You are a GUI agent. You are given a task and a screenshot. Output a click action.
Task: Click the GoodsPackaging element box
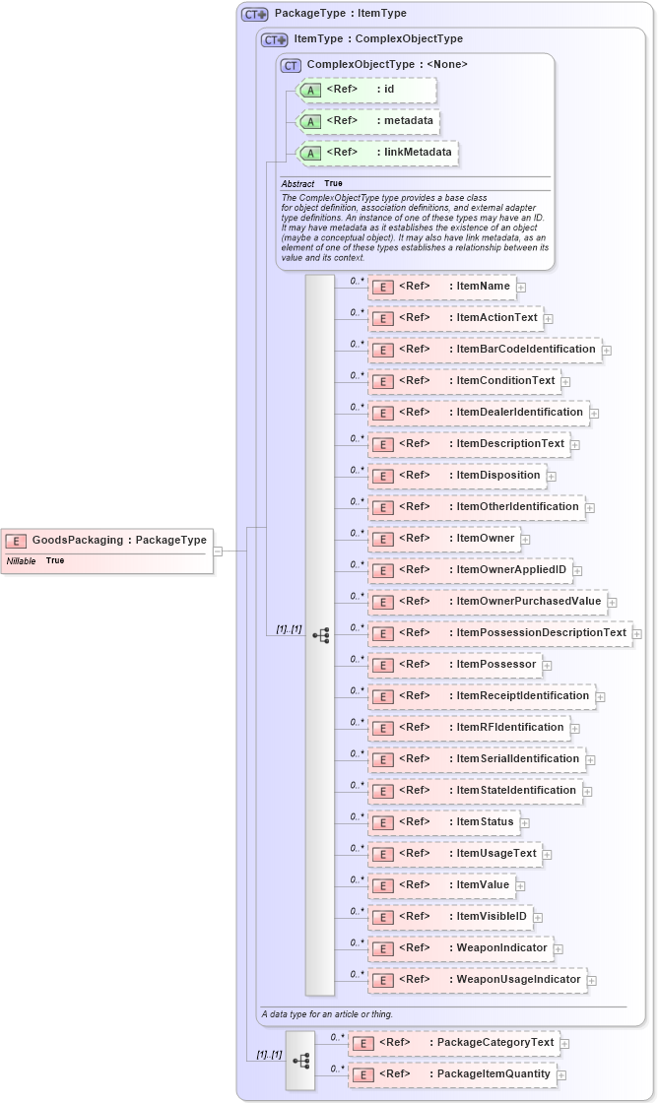click(108, 540)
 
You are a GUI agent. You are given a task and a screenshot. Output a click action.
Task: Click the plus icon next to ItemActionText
click(548, 319)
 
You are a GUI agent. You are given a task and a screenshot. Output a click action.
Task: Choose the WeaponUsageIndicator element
click(518, 980)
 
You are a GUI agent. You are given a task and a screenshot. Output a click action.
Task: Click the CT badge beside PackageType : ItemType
click(255, 15)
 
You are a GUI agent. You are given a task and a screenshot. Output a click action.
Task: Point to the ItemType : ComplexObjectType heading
click(378, 39)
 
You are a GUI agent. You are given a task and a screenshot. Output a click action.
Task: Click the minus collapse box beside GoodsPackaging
click(218, 551)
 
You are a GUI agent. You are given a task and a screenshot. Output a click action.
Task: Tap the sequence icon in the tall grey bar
click(320, 635)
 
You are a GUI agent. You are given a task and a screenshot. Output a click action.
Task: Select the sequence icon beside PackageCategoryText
click(300, 1061)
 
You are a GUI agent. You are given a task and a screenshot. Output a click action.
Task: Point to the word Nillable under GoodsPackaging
click(22, 560)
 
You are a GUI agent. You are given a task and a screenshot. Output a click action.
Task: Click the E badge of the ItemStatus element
click(382, 822)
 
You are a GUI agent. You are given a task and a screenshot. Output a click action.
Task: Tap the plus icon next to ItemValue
click(520, 886)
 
